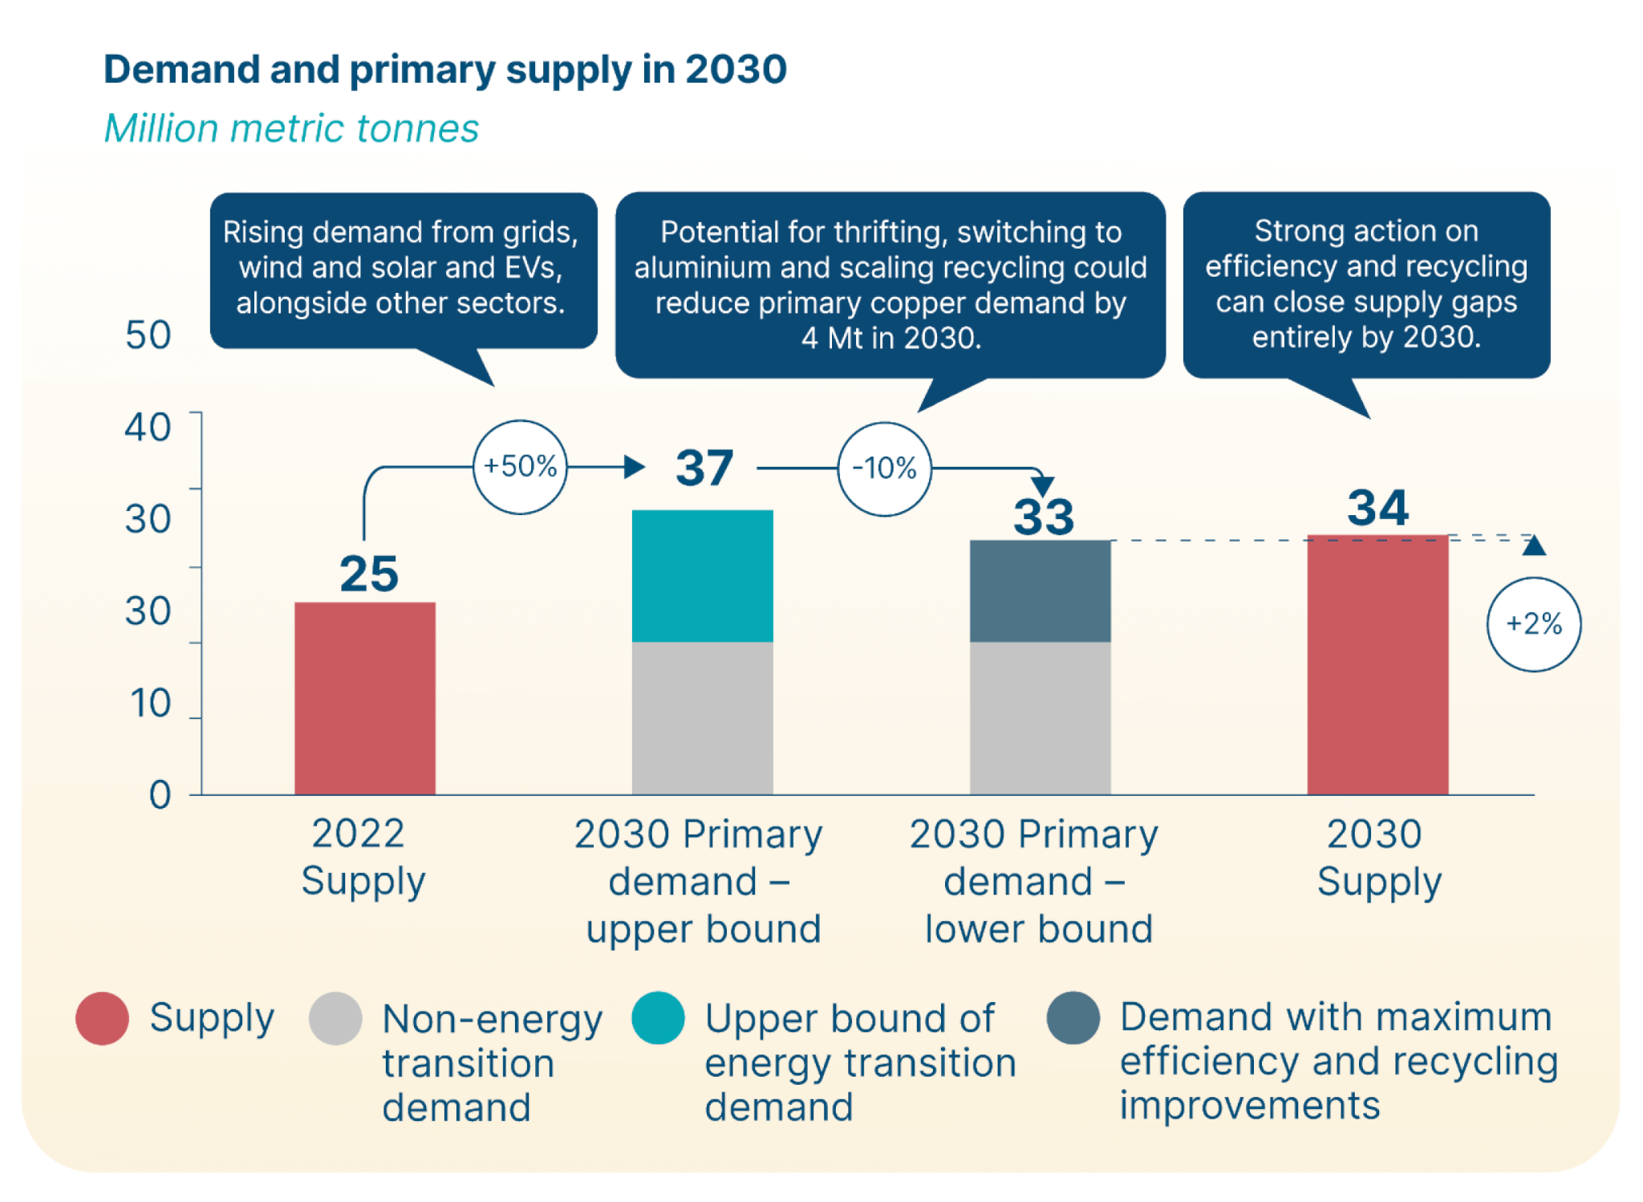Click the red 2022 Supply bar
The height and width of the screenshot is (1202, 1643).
(x=364, y=698)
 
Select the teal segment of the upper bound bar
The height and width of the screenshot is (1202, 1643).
(x=702, y=575)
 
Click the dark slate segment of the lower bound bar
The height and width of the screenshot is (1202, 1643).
(x=1040, y=591)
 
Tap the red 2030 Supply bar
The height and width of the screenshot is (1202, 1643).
(x=1377, y=664)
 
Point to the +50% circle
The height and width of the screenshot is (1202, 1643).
(x=520, y=466)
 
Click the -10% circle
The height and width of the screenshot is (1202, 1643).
(x=884, y=468)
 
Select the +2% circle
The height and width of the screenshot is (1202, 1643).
(x=1533, y=623)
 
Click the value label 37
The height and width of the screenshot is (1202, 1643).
(x=704, y=468)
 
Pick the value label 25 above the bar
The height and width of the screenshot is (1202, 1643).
(x=368, y=574)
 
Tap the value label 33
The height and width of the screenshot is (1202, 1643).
(x=1043, y=517)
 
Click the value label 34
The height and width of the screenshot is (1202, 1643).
(x=1377, y=507)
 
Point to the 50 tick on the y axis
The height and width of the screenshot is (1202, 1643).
(x=148, y=335)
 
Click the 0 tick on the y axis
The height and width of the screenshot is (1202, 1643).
(x=160, y=795)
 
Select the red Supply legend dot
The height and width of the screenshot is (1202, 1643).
(x=102, y=1017)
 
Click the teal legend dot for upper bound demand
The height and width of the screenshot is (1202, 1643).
(x=657, y=1017)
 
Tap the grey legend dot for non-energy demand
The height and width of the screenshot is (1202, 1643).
(x=335, y=1017)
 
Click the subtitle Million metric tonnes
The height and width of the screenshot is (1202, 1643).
(x=291, y=128)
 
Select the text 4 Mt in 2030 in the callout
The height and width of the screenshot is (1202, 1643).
(x=890, y=338)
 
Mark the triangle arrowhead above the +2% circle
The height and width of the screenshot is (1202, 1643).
(x=1533, y=546)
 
